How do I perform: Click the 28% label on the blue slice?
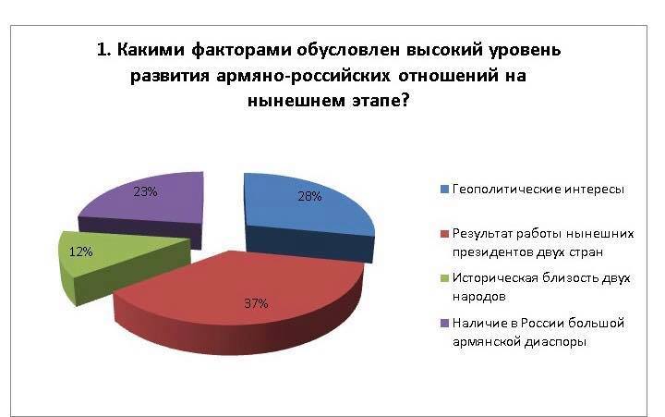pyautogui.click(x=309, y=196)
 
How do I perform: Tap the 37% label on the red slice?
pyautogui.click(x=256, y=303)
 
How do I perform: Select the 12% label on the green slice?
pyautogui.click(x=80, y=251)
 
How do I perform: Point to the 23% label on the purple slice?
pyautogui.click(x=146, y=192)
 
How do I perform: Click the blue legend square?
pyautogui.click(x=444, y=190)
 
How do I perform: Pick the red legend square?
pyautogui.click(x=444, y=234)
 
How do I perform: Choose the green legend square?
pyautogui.click(x=444, y=278)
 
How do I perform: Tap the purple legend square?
pyautogui.click(x=444, y=324)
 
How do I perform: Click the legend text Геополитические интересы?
pyautogui.click(x=538, y=189)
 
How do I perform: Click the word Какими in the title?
pyautogui.click(x=151, y=50)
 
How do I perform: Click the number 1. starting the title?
pyautogui.click(x=103, y=50)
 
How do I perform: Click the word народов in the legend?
pyautogui.click(x=478, y=297)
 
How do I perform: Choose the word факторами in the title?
pyautogui.click(x=241, y=51)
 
